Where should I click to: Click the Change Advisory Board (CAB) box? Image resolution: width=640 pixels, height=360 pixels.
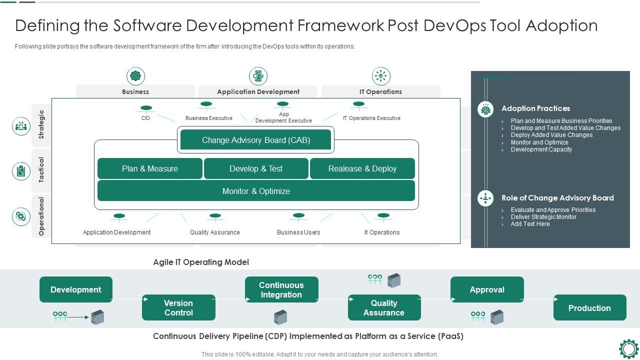pos(255,140)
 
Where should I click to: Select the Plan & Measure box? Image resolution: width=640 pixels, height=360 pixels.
pos(150,168)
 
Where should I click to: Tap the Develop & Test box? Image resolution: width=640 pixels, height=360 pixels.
pos(256,168)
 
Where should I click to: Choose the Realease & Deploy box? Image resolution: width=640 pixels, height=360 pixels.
pos(362,168)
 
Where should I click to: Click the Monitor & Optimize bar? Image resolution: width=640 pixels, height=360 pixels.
pos(256,191)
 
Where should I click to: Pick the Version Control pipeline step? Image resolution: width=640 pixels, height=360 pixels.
pos(178,307)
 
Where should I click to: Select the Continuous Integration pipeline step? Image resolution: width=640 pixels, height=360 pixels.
pos(281,289)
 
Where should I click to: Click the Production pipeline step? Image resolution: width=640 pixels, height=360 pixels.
pos(589,307)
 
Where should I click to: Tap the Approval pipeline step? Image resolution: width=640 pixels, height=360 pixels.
pos(487,289)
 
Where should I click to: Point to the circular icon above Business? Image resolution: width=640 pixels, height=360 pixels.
pos(135,76)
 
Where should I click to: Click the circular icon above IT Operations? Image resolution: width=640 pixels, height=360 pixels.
pos(381,76)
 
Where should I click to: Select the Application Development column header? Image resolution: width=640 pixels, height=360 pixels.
pos(258,91)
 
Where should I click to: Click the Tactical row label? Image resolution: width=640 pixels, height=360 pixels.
pos(41,170)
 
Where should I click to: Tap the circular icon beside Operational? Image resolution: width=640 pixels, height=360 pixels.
pos(21,216)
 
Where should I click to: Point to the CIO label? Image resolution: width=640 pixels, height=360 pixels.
pos(145,118)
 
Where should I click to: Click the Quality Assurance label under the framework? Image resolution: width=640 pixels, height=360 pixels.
pos(215,232)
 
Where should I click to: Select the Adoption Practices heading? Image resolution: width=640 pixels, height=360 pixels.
pos(535,108)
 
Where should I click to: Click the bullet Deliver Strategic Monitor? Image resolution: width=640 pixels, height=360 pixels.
pos(543,217)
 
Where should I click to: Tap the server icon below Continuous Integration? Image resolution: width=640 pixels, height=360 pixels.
pos(280,317)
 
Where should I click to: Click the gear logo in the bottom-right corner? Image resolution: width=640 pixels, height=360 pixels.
pos(628,349)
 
